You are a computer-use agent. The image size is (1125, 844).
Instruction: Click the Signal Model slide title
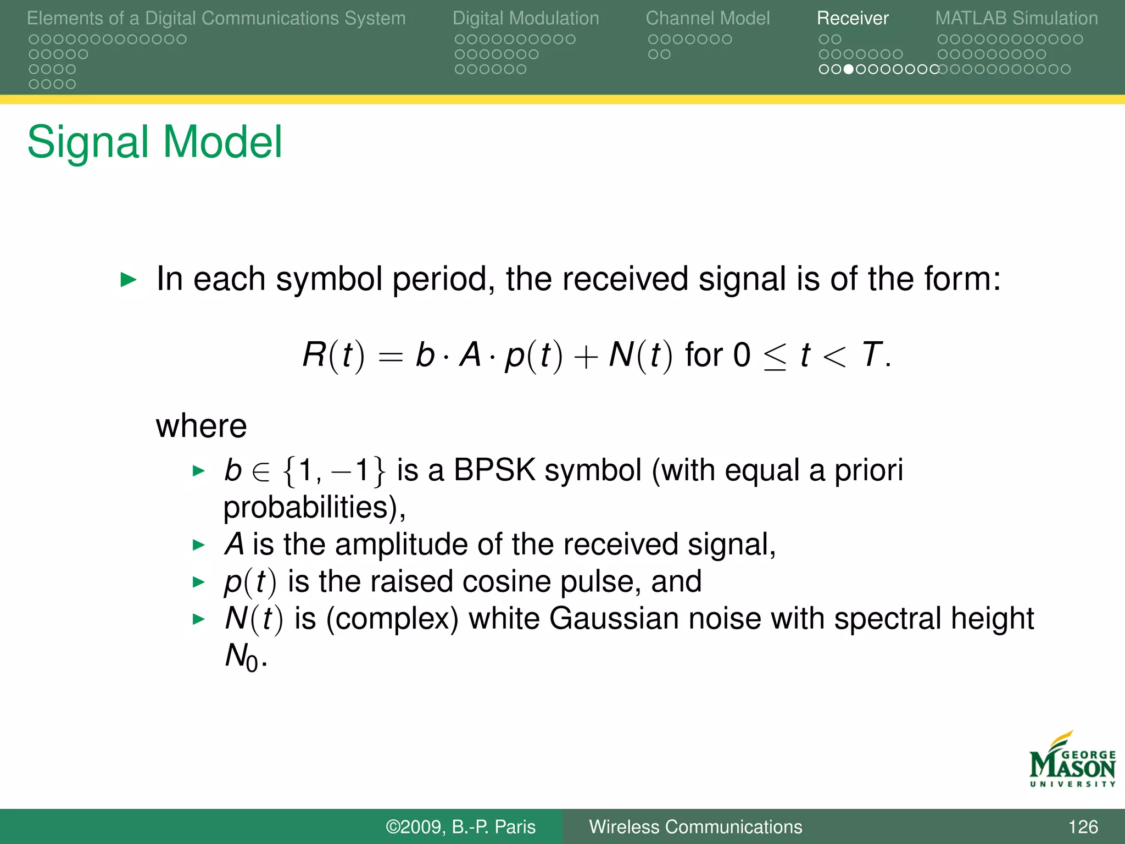click(x=154, y=142)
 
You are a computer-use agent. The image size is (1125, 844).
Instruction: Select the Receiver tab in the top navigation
click(x=852, y=18)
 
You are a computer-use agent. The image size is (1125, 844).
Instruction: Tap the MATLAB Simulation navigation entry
click(x=1016, y=18)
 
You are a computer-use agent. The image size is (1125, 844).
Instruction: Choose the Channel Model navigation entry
click(x=708, y=18)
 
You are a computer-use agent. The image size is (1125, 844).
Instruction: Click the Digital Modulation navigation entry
click(x=526, y=18)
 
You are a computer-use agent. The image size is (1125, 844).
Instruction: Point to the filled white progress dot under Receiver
click(x=848, y=69)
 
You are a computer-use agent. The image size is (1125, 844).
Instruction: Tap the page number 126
click(x=1083, y=826)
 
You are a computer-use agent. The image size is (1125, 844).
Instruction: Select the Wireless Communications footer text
click(x=695, y=826)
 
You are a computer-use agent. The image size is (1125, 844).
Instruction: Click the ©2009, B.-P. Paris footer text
click(x=460, y=826)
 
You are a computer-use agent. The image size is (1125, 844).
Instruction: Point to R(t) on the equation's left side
click(x=333, y=356)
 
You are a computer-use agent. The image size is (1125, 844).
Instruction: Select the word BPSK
click(x=494, y=470)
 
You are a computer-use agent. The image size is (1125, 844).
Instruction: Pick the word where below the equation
click(x=201, y=426)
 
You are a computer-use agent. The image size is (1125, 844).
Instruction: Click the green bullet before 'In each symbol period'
click(x=128, y=280)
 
